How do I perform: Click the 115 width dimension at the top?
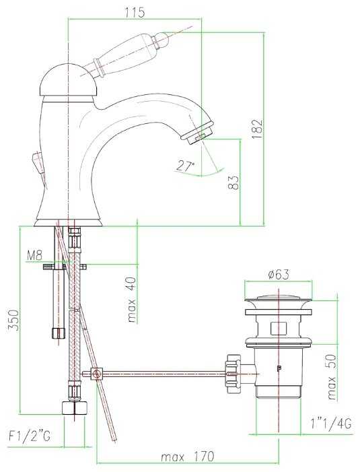pyautogui.click(x=135, y=12)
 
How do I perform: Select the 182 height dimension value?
pyautogui.click(x=258, y=129)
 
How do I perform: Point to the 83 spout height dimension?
pyautogui.click(x=233, y=182)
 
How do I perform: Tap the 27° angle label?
pyautogui.click(x=185, y=166)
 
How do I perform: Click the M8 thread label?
pyautogui.click(x=35, y=256)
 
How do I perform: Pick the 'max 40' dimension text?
pyautogui.click(x=132, y=300)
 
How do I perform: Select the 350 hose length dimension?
pyautogui.click(x=14, y=320)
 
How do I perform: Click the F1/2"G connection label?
pyautogui.click(x=30, y=436)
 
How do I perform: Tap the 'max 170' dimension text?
pyautogui.click(x=187, y=457)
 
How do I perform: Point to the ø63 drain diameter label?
pyautogui.click(x=278, y=274)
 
